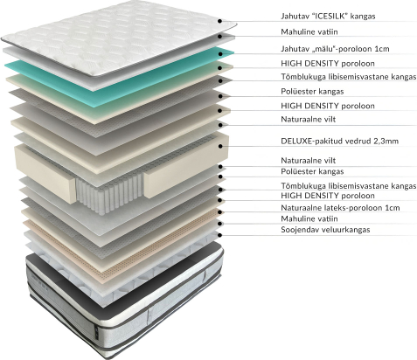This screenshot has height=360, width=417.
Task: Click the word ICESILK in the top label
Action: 329,16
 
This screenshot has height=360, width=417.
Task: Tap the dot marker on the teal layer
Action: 220,54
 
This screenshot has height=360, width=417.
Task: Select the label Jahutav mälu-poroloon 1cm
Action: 335,49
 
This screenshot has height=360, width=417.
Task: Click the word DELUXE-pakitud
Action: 312,142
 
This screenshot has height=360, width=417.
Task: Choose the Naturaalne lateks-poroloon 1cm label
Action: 340,208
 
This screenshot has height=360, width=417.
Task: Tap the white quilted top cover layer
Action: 116,38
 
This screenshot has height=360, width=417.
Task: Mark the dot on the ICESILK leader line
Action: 220,21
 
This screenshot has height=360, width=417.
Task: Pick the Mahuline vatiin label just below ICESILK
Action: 309,31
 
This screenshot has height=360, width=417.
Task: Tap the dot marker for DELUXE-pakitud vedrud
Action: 220,146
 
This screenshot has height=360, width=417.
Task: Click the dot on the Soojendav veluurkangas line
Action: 220,235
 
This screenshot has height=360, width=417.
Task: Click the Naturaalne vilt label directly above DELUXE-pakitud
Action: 309,119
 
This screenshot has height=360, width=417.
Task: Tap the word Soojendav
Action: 300,230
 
